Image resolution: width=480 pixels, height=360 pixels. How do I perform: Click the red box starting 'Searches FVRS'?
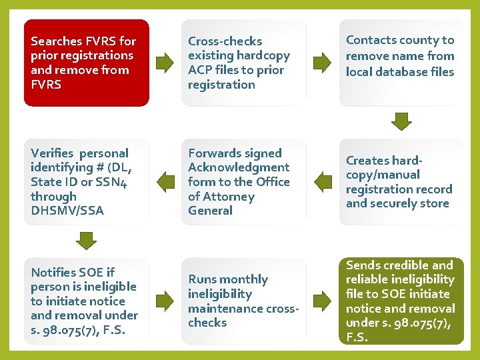(x=87, y=63)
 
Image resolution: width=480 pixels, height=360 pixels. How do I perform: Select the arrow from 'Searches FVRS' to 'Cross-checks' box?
(x=164, y=63)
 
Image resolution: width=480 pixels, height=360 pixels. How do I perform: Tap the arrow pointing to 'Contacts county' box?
(x=322, y=63)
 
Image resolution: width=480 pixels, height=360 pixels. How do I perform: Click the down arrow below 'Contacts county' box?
(x=401, y=121)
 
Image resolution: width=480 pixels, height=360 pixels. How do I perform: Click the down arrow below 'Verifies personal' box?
(x=86, y=239)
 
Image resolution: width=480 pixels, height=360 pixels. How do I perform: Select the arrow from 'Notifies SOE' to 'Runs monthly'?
(x=164, y=301)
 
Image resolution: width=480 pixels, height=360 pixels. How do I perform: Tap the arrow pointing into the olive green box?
(x=322, y=301)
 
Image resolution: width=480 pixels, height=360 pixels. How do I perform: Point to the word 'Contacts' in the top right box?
(x=370, y=40)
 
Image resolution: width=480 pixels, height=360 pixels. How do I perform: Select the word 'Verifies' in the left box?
(x=53, y=153)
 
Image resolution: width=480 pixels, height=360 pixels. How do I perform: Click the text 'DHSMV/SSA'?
(x=67, y=211)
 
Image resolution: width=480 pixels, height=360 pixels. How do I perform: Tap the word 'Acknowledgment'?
(x=238, y=167)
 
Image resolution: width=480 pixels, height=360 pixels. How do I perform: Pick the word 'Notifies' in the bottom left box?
(x=53, y=272)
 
